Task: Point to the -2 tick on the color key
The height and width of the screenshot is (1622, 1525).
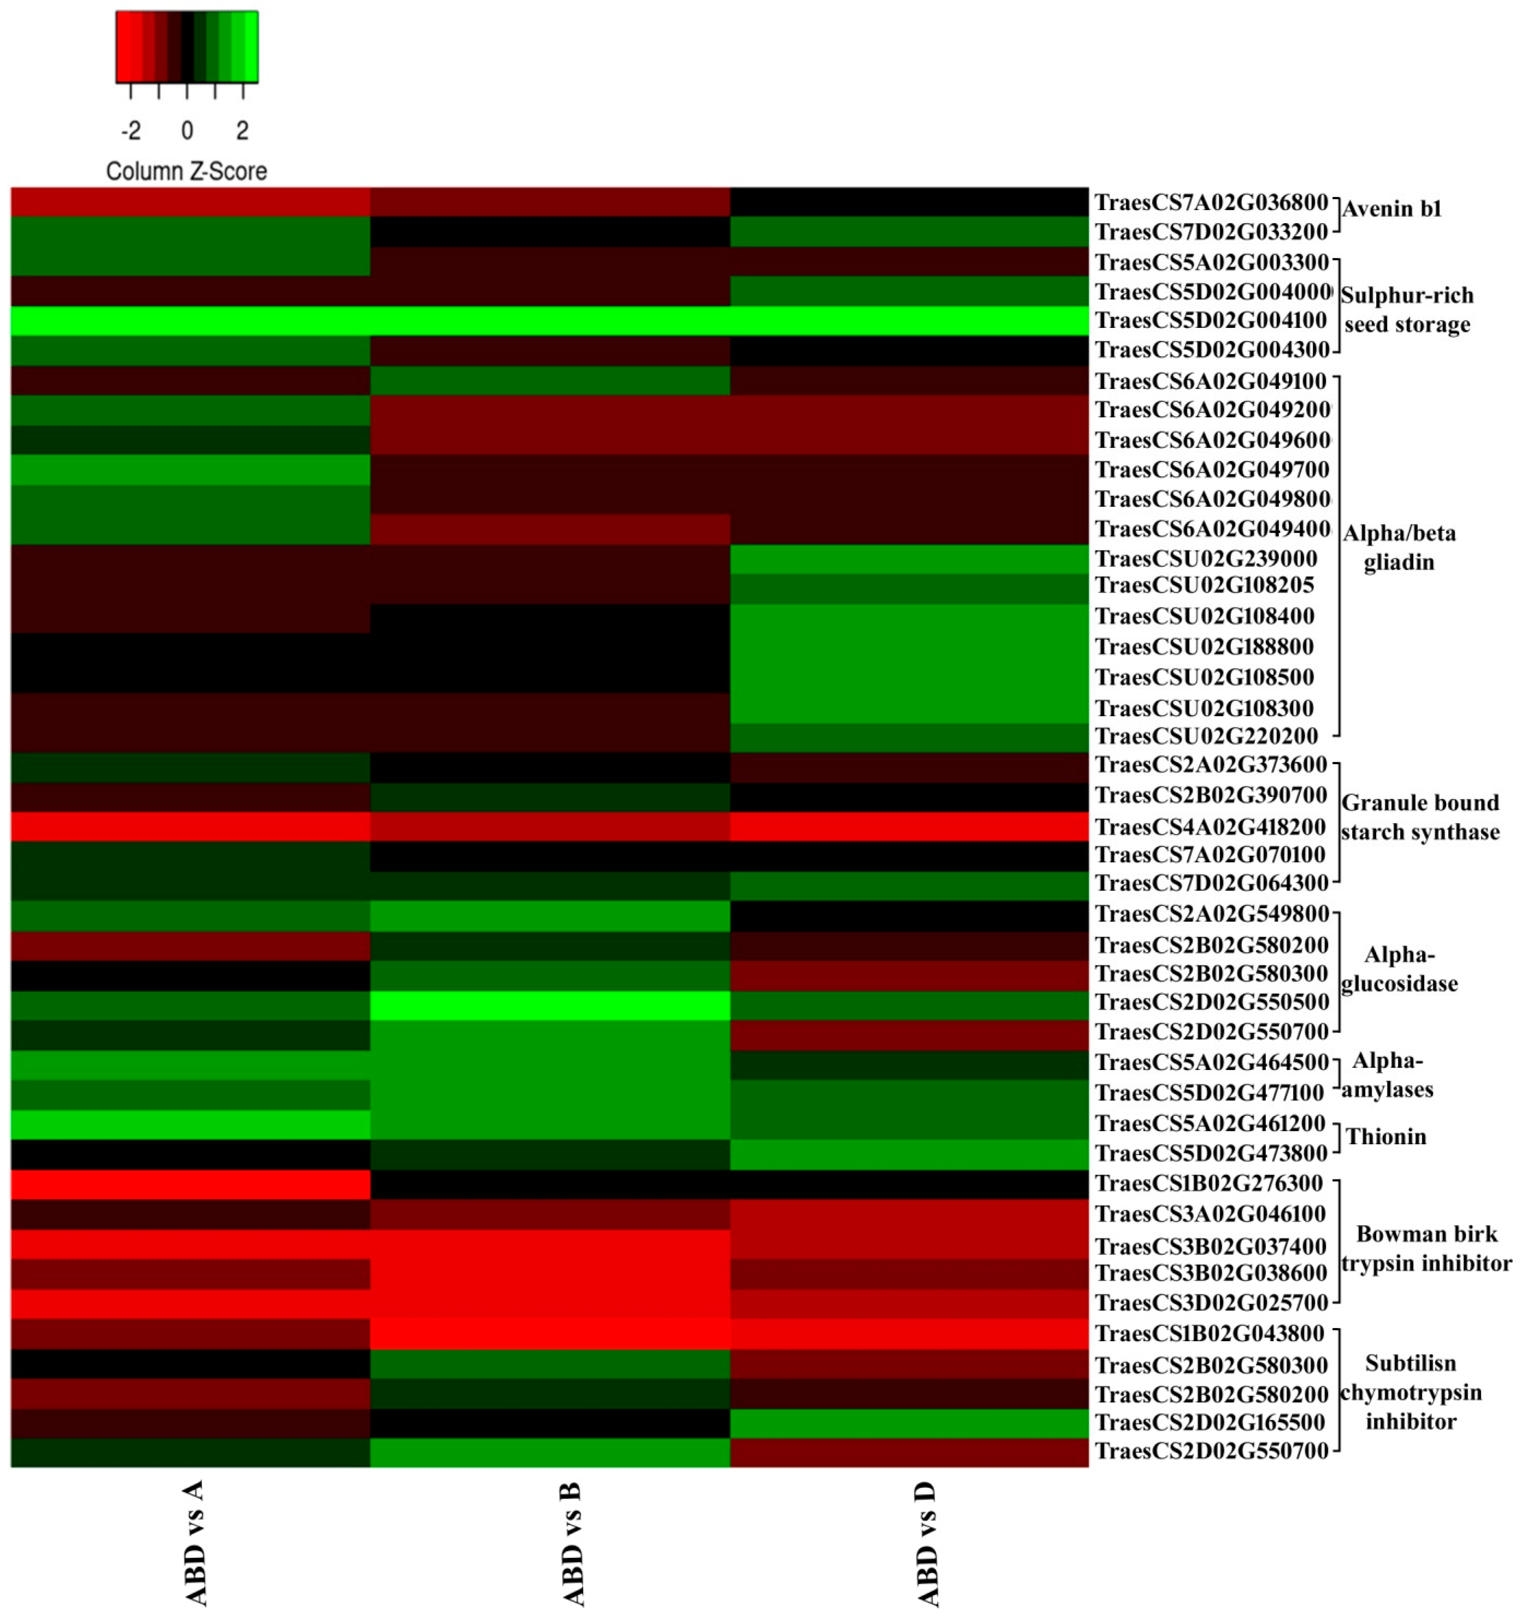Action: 130,130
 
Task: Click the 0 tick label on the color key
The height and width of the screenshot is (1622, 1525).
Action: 187,130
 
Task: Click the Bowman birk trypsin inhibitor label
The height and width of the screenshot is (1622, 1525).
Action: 1426,1248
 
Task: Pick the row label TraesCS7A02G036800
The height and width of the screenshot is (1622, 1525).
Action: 1211,202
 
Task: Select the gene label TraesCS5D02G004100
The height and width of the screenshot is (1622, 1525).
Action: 1211,320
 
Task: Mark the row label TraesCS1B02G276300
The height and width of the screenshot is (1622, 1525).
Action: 1209,1183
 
